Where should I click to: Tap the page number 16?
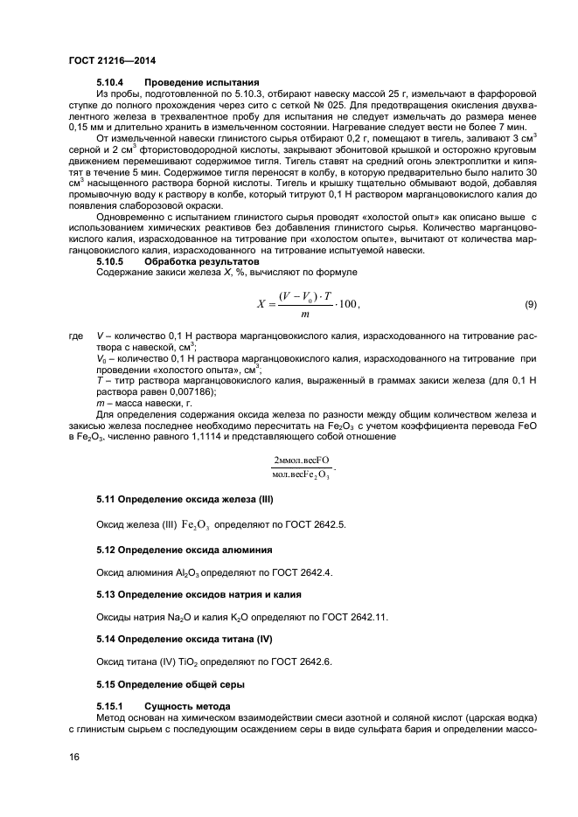(x=73, y=758)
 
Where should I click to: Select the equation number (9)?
(x=530, y=304)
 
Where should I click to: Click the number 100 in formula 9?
(x=345, y=304)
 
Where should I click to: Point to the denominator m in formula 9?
(x=304, y=315)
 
